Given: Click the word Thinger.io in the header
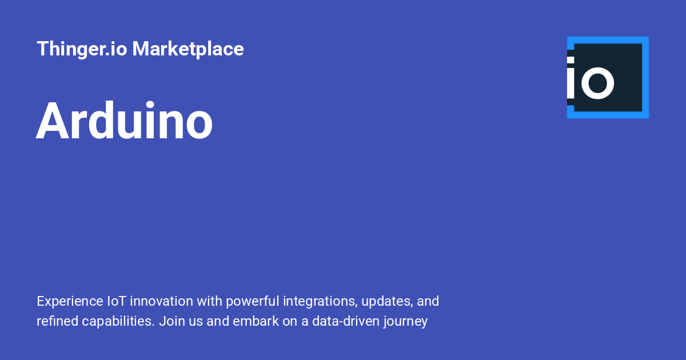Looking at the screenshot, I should coord(82,49).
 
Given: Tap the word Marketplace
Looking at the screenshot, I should coord(188,49).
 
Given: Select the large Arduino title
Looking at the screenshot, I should coord(125,121).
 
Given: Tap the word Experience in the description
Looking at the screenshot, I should coord(69,301).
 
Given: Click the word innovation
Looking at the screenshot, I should coord(163,301).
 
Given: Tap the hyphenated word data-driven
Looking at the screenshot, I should coord(345,321).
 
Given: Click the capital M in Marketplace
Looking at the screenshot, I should coord(141,49).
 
